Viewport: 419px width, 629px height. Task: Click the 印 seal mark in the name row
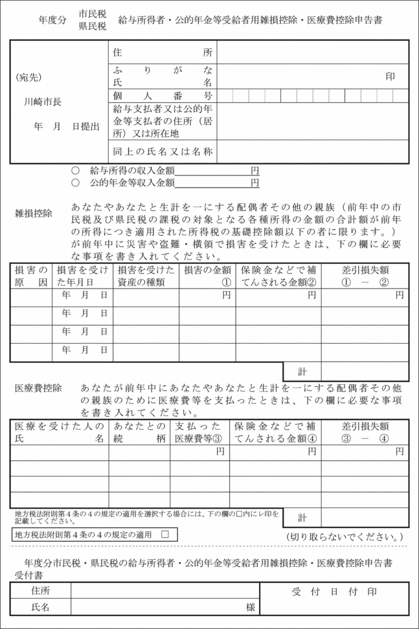(x=391, y=76)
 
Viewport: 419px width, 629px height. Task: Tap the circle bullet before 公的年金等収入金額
(x=75, y=183)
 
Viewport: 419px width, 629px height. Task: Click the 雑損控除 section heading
(x=34, y=213)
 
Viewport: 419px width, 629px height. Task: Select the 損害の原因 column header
(x=31, y=276)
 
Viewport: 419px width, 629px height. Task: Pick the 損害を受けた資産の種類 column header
(x=146, y=276)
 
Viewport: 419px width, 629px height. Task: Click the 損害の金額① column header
(x=207, y=276)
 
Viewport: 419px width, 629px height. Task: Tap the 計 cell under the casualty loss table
(x=302, y=371)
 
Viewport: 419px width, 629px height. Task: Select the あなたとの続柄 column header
(x=139, y=432)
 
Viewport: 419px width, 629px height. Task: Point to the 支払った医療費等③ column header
(x=199, y=432)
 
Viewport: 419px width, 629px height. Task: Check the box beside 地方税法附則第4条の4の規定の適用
(x=164, y=535)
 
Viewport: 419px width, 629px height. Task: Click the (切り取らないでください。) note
(x=345, y=536)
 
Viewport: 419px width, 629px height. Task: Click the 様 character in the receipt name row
(x=249, y=608)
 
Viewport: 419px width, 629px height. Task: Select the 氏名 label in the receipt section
(x=40, y=608)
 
